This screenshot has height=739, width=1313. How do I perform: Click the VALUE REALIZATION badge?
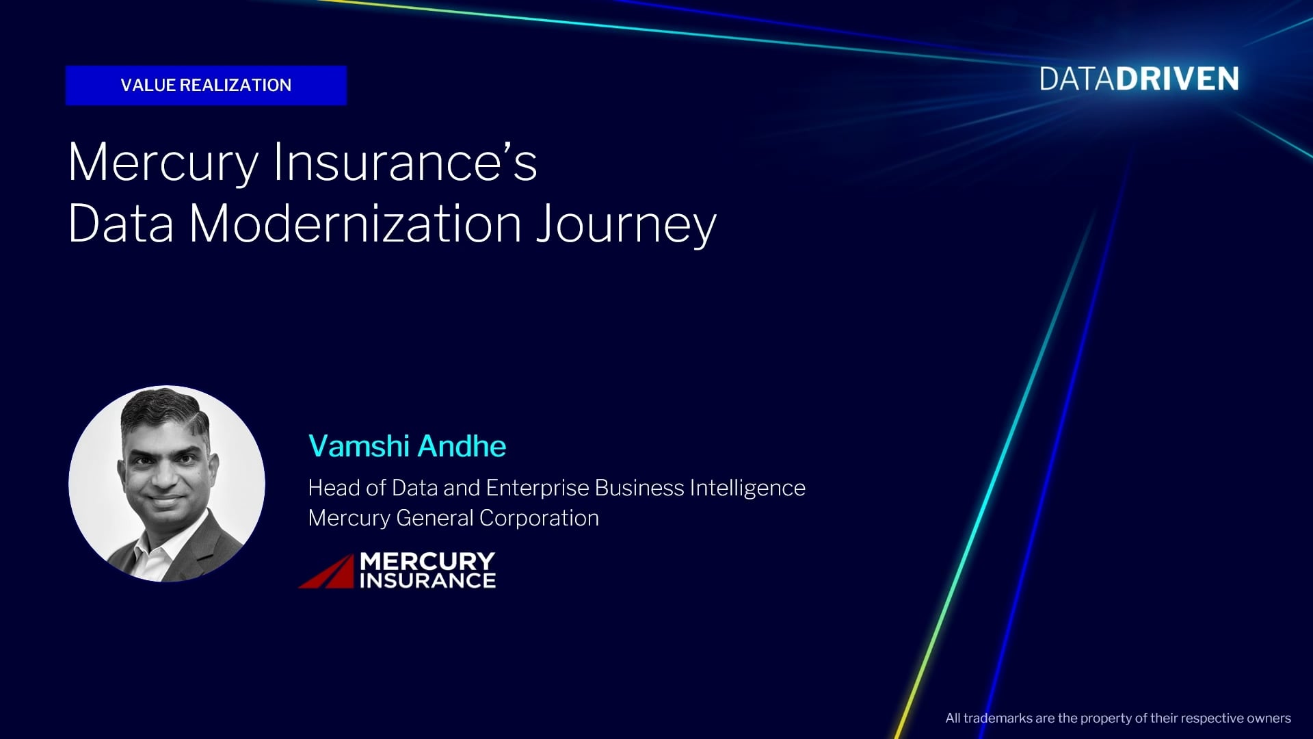click(206, 85)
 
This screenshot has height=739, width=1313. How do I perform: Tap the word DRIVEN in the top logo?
click(1177, 79)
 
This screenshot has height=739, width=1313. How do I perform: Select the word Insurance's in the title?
click(406, 161)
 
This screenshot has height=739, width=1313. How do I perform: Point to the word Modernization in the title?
click(356, 223)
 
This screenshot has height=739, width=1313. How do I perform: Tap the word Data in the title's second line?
click(121, 223)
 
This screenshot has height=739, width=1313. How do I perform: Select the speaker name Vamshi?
click(359, 446)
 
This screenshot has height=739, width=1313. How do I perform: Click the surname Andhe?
click(462, 446)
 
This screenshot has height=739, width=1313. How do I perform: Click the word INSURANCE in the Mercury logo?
click(427, 581)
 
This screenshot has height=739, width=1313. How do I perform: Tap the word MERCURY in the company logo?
click(427, 562)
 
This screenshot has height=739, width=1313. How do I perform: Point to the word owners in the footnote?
click(1269, 718)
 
